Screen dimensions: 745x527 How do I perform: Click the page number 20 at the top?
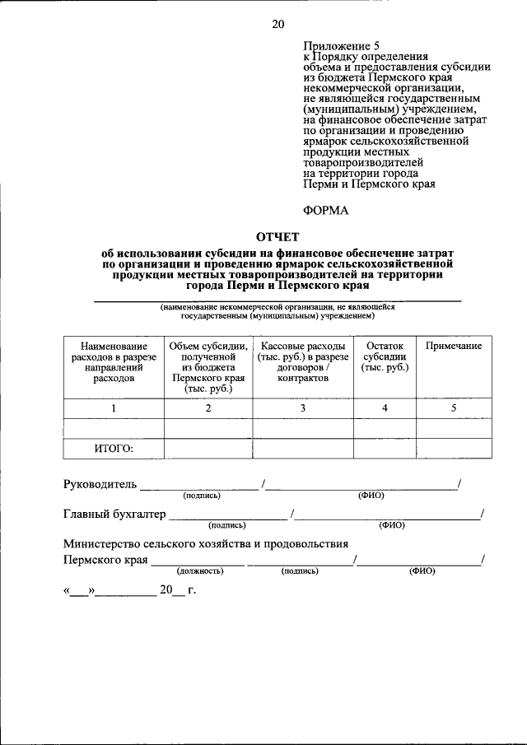(277, 24)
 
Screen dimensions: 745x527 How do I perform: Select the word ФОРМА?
(326, 210)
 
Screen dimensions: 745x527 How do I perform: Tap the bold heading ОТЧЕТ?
(277, 237)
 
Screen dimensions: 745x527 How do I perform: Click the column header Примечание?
(453, 346)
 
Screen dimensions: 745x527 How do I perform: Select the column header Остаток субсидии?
(385, 356)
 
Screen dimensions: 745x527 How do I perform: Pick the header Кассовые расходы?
(303, 362)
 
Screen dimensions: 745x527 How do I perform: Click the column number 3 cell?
(303, 408)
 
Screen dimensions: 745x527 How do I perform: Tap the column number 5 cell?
(453, 408)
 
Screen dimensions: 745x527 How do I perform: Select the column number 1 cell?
(114, 408)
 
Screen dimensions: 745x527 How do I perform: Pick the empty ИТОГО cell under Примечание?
(453, 449)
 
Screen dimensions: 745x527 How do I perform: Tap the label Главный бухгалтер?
(114, 515)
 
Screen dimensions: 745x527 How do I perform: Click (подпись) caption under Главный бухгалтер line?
(227, 524)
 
